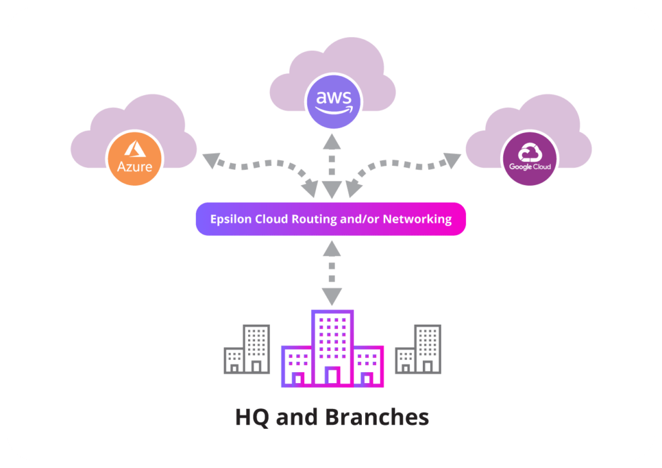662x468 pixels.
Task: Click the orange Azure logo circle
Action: coord(134,157)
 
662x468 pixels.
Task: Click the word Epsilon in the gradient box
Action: coord(231,219)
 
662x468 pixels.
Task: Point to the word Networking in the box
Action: coord(417,219)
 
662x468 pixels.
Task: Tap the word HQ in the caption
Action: coord(253,417)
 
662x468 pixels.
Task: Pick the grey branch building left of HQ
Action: coord(246,350)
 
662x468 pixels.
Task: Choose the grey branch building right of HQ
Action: coord(418,350)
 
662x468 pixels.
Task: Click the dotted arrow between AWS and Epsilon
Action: coord(332,165)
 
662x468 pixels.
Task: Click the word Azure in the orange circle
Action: coord(134,167)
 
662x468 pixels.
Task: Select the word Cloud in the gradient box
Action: coord(272,219)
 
